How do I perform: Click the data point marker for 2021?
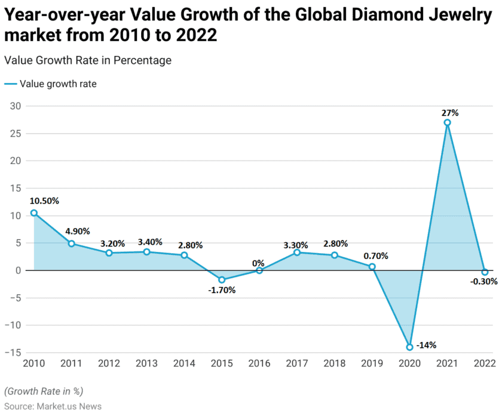tap(447, 122)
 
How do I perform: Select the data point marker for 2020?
tap(409, 347)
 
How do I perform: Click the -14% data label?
tap(427, 344)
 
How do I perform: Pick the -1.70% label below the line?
tap(222, 290)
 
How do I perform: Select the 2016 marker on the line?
tap(259, 270)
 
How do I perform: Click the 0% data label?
tap(259, 263)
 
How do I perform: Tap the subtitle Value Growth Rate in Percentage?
tap(87, 60)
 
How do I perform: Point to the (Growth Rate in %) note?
tap(44, 391)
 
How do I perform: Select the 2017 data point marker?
tap(297, 252)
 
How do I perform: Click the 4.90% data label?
tap(79, 232)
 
